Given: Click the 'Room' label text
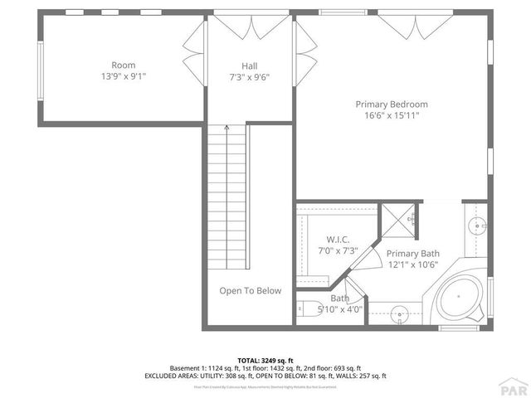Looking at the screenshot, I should pos(124,65).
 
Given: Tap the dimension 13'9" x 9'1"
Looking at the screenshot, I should pos(124,76).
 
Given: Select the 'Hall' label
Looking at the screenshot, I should pos(250,66).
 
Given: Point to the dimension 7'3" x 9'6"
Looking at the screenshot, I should pos(250,78).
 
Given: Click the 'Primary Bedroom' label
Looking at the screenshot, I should pos(392,104).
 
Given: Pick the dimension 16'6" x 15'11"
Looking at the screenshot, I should pos(392,116).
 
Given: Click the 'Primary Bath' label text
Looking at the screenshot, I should pos(413,254).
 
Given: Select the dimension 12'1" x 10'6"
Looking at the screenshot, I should pos(413,265).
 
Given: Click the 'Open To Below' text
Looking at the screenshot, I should pos(250,291).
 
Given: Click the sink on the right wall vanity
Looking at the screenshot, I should pos(478,225).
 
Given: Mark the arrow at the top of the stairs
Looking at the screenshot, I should pos(227,129).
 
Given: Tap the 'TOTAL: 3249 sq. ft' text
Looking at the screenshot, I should pos(265,360).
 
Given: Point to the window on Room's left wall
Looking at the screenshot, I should pos(39,71).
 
